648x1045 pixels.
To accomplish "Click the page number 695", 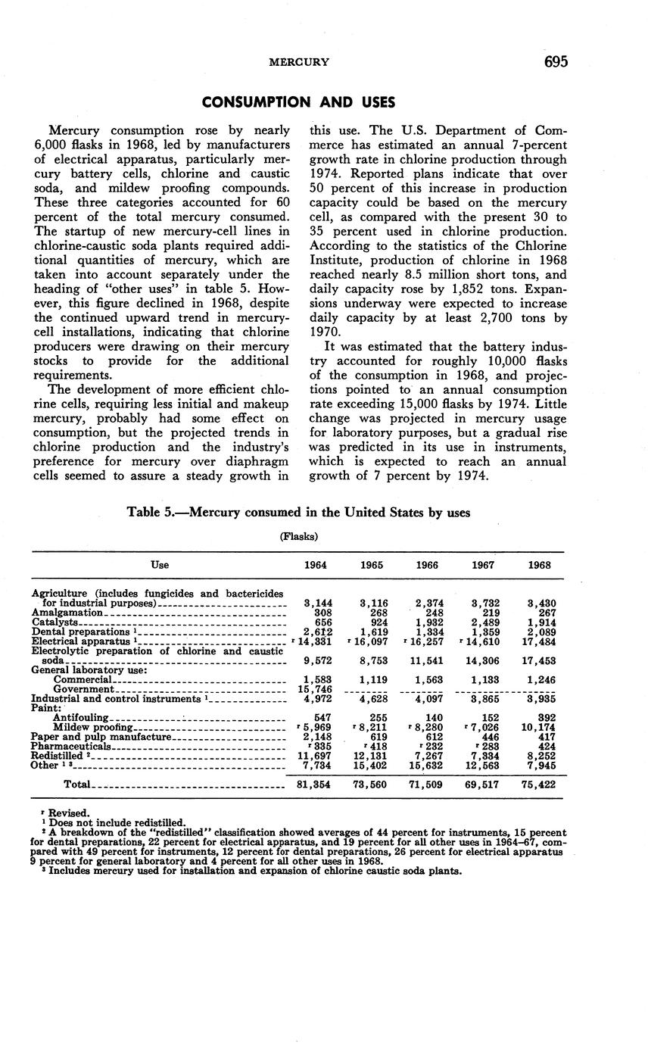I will pos(555,62).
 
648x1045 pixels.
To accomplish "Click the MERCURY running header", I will pos(299,63).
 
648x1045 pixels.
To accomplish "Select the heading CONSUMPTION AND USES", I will pos(298,101).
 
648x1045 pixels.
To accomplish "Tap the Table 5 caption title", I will pos(298,513).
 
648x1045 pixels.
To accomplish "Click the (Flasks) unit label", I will pos(298,536).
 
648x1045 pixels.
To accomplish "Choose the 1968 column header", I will pos(539,565).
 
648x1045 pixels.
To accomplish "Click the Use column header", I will pos(160,565).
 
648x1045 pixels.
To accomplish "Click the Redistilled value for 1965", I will pos(371,756).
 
